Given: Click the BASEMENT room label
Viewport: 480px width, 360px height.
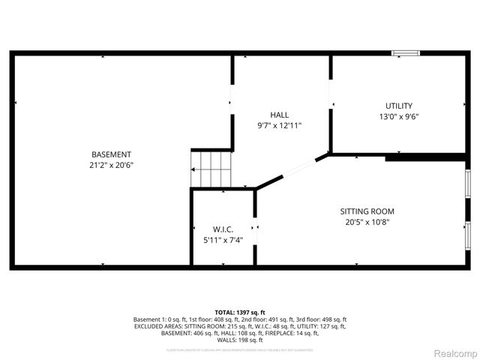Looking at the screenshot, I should tap(112, 154).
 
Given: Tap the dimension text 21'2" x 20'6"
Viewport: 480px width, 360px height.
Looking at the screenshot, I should tap(112, 165).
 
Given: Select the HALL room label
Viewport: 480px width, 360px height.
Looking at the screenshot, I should tap(279, 115).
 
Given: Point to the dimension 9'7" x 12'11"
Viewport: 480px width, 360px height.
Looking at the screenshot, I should tap(279, 126).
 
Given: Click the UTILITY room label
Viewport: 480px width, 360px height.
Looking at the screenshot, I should tap(398, 106).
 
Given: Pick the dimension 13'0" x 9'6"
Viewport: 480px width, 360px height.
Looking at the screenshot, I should tap(398, 116).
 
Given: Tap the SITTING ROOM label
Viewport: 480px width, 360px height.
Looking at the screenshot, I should tap(367, 211).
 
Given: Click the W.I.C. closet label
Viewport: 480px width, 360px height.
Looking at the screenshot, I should tap(223, 229).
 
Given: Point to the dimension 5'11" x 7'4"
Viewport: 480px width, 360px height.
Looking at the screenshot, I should tap(223, 240).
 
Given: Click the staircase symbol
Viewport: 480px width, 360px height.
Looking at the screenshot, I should tap(211, 169).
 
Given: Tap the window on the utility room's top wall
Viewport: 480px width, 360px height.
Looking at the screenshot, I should tap(406, 53).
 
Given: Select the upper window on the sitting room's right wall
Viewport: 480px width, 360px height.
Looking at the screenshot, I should tap(468, 184).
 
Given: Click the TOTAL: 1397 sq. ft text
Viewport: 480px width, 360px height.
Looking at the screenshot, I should tap(240, 312).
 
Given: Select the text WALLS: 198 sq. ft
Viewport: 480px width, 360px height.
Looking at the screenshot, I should tap(240, 340).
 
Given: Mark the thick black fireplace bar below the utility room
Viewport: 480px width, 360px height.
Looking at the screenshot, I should tap(424, 157).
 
